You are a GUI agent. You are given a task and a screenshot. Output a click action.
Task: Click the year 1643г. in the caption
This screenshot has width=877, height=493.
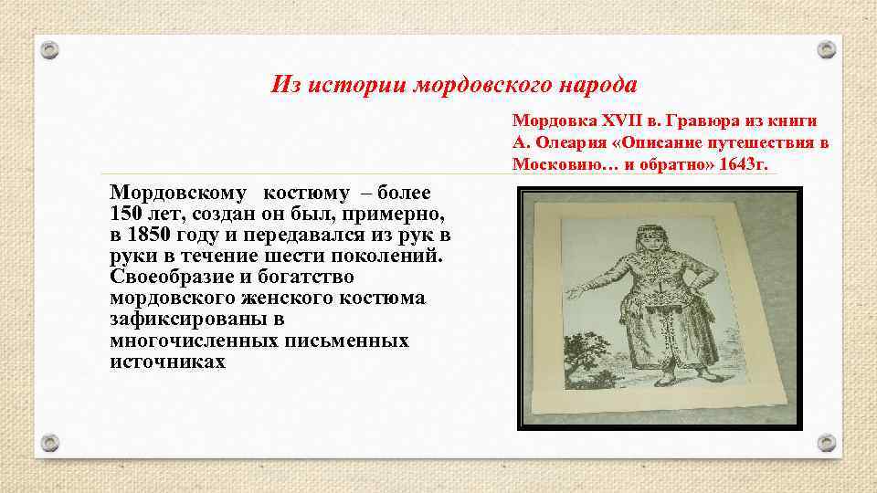pyautogui.click(x=744, y=164)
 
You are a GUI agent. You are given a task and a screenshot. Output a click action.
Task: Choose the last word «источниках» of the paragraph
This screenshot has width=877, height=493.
pyautogui.click(x=167, y=362)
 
